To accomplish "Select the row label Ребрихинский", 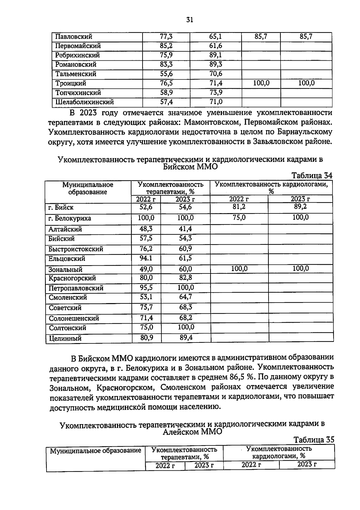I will (x=77, y=55).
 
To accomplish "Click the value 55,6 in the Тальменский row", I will (x=166, y=74).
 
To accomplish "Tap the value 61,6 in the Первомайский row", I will (x=215, y=46).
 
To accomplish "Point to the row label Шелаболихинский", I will (x=84, y=102).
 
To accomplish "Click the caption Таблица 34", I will (x=312, y=175).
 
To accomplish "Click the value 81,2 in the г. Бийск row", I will (x=239, y=207).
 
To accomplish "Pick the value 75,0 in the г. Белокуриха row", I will (x=239, y=218).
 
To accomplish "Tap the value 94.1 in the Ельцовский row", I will (x=146, y=258).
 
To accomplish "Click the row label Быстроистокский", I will (x=76, y=249).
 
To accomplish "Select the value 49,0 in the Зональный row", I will (x=146, y=269).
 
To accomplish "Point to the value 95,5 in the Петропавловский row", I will (x=146, y=288).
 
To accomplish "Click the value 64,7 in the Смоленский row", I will (x=185, y=297).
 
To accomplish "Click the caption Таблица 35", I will (x=314, y=440).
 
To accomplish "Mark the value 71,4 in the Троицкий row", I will (x=215, y=83).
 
